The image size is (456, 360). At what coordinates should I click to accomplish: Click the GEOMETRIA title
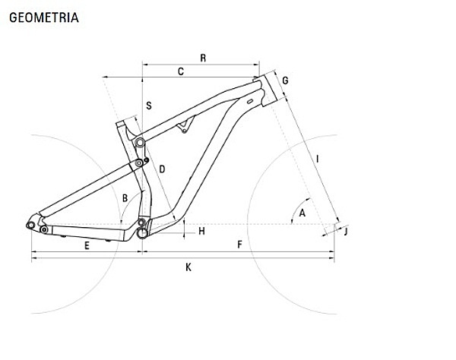[x=44, y=17]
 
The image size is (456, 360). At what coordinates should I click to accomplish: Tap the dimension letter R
[x=203, y=58]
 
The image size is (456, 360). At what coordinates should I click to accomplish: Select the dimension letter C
[x=181, y=71]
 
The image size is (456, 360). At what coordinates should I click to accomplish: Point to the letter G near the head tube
[x=285, y=81]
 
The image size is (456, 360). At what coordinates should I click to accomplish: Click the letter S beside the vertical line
[x=149, y=106]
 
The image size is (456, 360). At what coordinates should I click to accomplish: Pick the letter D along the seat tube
[x=162, y=169]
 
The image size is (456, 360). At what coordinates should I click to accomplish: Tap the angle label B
[x=125, y=198]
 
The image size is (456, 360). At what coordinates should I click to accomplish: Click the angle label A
[x=302, y=213]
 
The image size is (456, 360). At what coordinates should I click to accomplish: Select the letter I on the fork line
[x=318, y=159]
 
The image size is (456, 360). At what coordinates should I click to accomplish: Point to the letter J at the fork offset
[x=346, y=232]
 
